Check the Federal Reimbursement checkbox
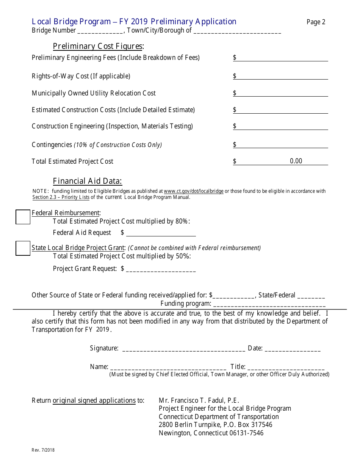[23, 217]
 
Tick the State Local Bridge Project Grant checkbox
[23, 248]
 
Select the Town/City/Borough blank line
[237, 31]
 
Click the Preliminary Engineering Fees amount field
[282, 58]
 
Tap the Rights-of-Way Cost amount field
[282, 76]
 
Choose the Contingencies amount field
[282, 145]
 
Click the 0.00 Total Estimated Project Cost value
[296, 161]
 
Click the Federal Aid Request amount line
[161, 233]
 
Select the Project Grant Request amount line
[161, 269]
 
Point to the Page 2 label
[316, 22]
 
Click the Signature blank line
[184, 349]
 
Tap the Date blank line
[293, 349]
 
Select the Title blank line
[286, 367]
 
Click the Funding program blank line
[269, 303]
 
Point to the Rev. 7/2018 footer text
[43, 450]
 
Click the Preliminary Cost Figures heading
[98, 46]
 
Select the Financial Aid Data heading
[88, 181]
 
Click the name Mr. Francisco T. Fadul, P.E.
[199, 400]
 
